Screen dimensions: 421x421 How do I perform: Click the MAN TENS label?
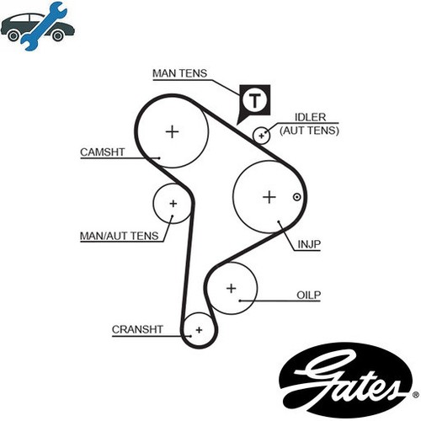tap(179, 73)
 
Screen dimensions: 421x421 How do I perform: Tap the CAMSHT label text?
tap(102, 152)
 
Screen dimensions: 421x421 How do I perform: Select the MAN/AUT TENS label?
tap(120, 236)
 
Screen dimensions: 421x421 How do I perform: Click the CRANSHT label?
tap(137, 329)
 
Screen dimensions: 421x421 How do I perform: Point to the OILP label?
tap(308, 295)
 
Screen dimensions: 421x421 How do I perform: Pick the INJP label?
tap(309, 244)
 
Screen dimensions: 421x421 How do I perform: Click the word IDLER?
tap(310, 117)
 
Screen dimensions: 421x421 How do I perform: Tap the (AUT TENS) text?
tap(309, 131)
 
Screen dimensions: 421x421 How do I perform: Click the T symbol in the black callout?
tap(255, 100)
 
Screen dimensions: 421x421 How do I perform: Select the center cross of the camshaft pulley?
tap(173, 131)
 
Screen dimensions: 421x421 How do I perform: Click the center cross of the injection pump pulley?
tap(269, 197)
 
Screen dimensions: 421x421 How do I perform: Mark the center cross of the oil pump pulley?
tap(232, 288)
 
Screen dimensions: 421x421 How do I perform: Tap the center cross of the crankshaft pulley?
tap(200, 330)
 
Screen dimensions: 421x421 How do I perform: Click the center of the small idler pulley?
tap(262, 136)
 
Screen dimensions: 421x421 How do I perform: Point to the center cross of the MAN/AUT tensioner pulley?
tap(173, 204)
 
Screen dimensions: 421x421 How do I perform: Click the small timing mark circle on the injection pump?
tap(297, 197)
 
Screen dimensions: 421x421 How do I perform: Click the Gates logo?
tap(346, 380)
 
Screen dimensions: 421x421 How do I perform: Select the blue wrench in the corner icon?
tap(45, 26)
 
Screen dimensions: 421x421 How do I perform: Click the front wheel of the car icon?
tap(13, 36)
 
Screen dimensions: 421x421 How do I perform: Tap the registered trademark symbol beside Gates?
tap(416, 395)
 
